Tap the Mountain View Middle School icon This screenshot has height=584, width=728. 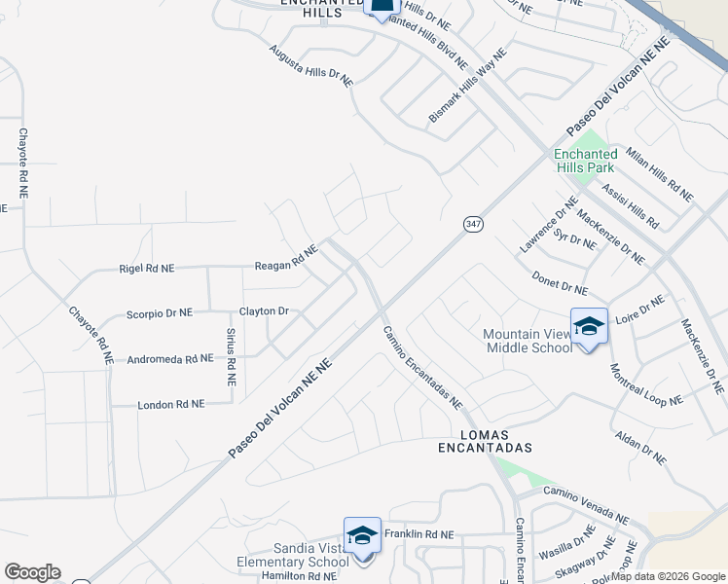coord(589,326)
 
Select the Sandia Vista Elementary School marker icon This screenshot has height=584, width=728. coord(362,536)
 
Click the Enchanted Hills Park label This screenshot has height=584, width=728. coord(586,161)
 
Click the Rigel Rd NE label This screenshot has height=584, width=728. coord(146,268)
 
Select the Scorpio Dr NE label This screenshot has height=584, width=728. coord(160,313)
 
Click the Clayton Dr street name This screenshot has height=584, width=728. coord(265,311)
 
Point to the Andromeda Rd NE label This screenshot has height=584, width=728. coord(170,359)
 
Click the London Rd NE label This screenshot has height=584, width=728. coord(171,404)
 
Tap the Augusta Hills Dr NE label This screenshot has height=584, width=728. coord(311,65)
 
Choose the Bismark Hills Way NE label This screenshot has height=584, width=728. coord(468,87)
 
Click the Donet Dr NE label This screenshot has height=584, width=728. coord(560,283)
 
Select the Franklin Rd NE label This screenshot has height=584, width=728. coord(419,534)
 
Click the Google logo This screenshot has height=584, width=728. coord(32,572)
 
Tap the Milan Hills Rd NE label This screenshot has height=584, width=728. coord(659,175)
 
